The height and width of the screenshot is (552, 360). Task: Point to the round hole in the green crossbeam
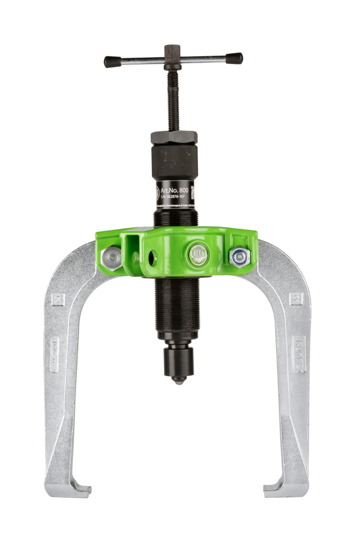(x=152, y=258)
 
